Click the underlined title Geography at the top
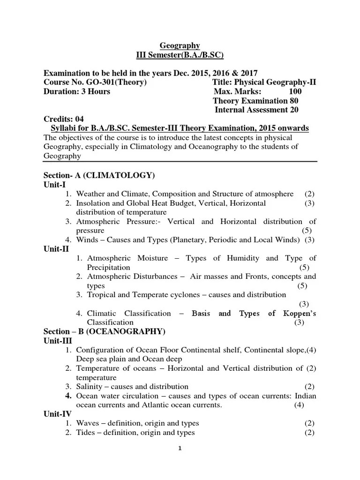180,45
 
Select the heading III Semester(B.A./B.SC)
180,55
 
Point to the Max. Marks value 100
295,91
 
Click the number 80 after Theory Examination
294,101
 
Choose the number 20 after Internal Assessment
293,110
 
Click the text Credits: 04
63,119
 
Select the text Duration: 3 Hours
77,91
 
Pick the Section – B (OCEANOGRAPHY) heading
104,331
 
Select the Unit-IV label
57,414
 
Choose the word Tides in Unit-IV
86,432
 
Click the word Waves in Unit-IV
88,423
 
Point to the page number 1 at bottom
180,461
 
